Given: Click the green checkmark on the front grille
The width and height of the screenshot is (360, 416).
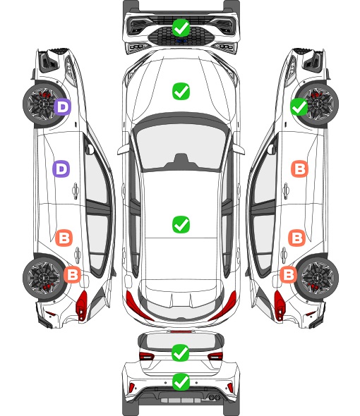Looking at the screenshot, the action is (181, 27).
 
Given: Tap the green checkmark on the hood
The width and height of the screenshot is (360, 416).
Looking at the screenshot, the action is (181, 91).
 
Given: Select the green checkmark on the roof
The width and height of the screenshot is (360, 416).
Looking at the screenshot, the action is (181, 224).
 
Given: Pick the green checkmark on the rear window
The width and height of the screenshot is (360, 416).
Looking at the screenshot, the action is (181, 353).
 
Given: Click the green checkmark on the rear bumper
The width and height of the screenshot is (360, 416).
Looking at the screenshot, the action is (181, 382).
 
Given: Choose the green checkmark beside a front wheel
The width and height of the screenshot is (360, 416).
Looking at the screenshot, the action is (299, 106).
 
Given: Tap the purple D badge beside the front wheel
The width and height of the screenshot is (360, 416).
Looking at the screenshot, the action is (62, 106).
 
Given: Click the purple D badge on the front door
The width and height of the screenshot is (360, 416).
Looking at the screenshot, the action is (61, 169).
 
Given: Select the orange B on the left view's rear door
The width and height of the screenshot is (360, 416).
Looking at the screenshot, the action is (64, 238).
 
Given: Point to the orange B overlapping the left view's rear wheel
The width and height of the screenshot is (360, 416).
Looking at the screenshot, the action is (72, 274).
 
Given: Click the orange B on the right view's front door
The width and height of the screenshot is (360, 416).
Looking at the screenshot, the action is (300, 169).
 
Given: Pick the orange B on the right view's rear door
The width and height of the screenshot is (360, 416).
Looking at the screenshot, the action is (296, 238).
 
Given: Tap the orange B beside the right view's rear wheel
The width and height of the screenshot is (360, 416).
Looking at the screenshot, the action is (289, 274).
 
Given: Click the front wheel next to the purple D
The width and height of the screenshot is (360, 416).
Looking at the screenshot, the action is (43, 104).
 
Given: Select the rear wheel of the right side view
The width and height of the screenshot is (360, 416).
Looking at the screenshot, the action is (318, 277).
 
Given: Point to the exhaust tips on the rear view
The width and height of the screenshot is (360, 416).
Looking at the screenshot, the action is (214, 397).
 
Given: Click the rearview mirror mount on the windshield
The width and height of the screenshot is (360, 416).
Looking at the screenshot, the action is (181, 161).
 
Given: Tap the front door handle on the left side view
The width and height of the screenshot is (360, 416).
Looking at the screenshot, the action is (76, 190).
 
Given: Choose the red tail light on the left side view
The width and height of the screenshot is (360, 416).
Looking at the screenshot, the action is (82, 305).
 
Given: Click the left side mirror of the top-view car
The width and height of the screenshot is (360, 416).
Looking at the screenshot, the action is (123, 149).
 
